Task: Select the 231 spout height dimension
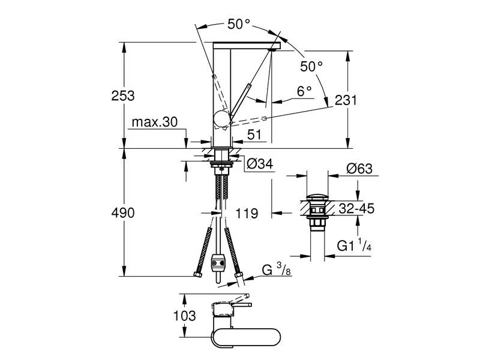(x=346, y=100)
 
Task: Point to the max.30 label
(x=154, y=122)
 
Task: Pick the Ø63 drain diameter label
(x=359, y=169)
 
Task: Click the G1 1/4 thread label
(x=355, y=245)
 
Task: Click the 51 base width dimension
(x=254, y=136)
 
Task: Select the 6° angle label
(x=304, y=91)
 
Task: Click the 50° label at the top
(x=238, y=24)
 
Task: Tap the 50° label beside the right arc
(x=311, y=65)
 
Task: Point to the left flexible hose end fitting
(x=198, y=275)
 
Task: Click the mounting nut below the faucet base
(x=222, y=160)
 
